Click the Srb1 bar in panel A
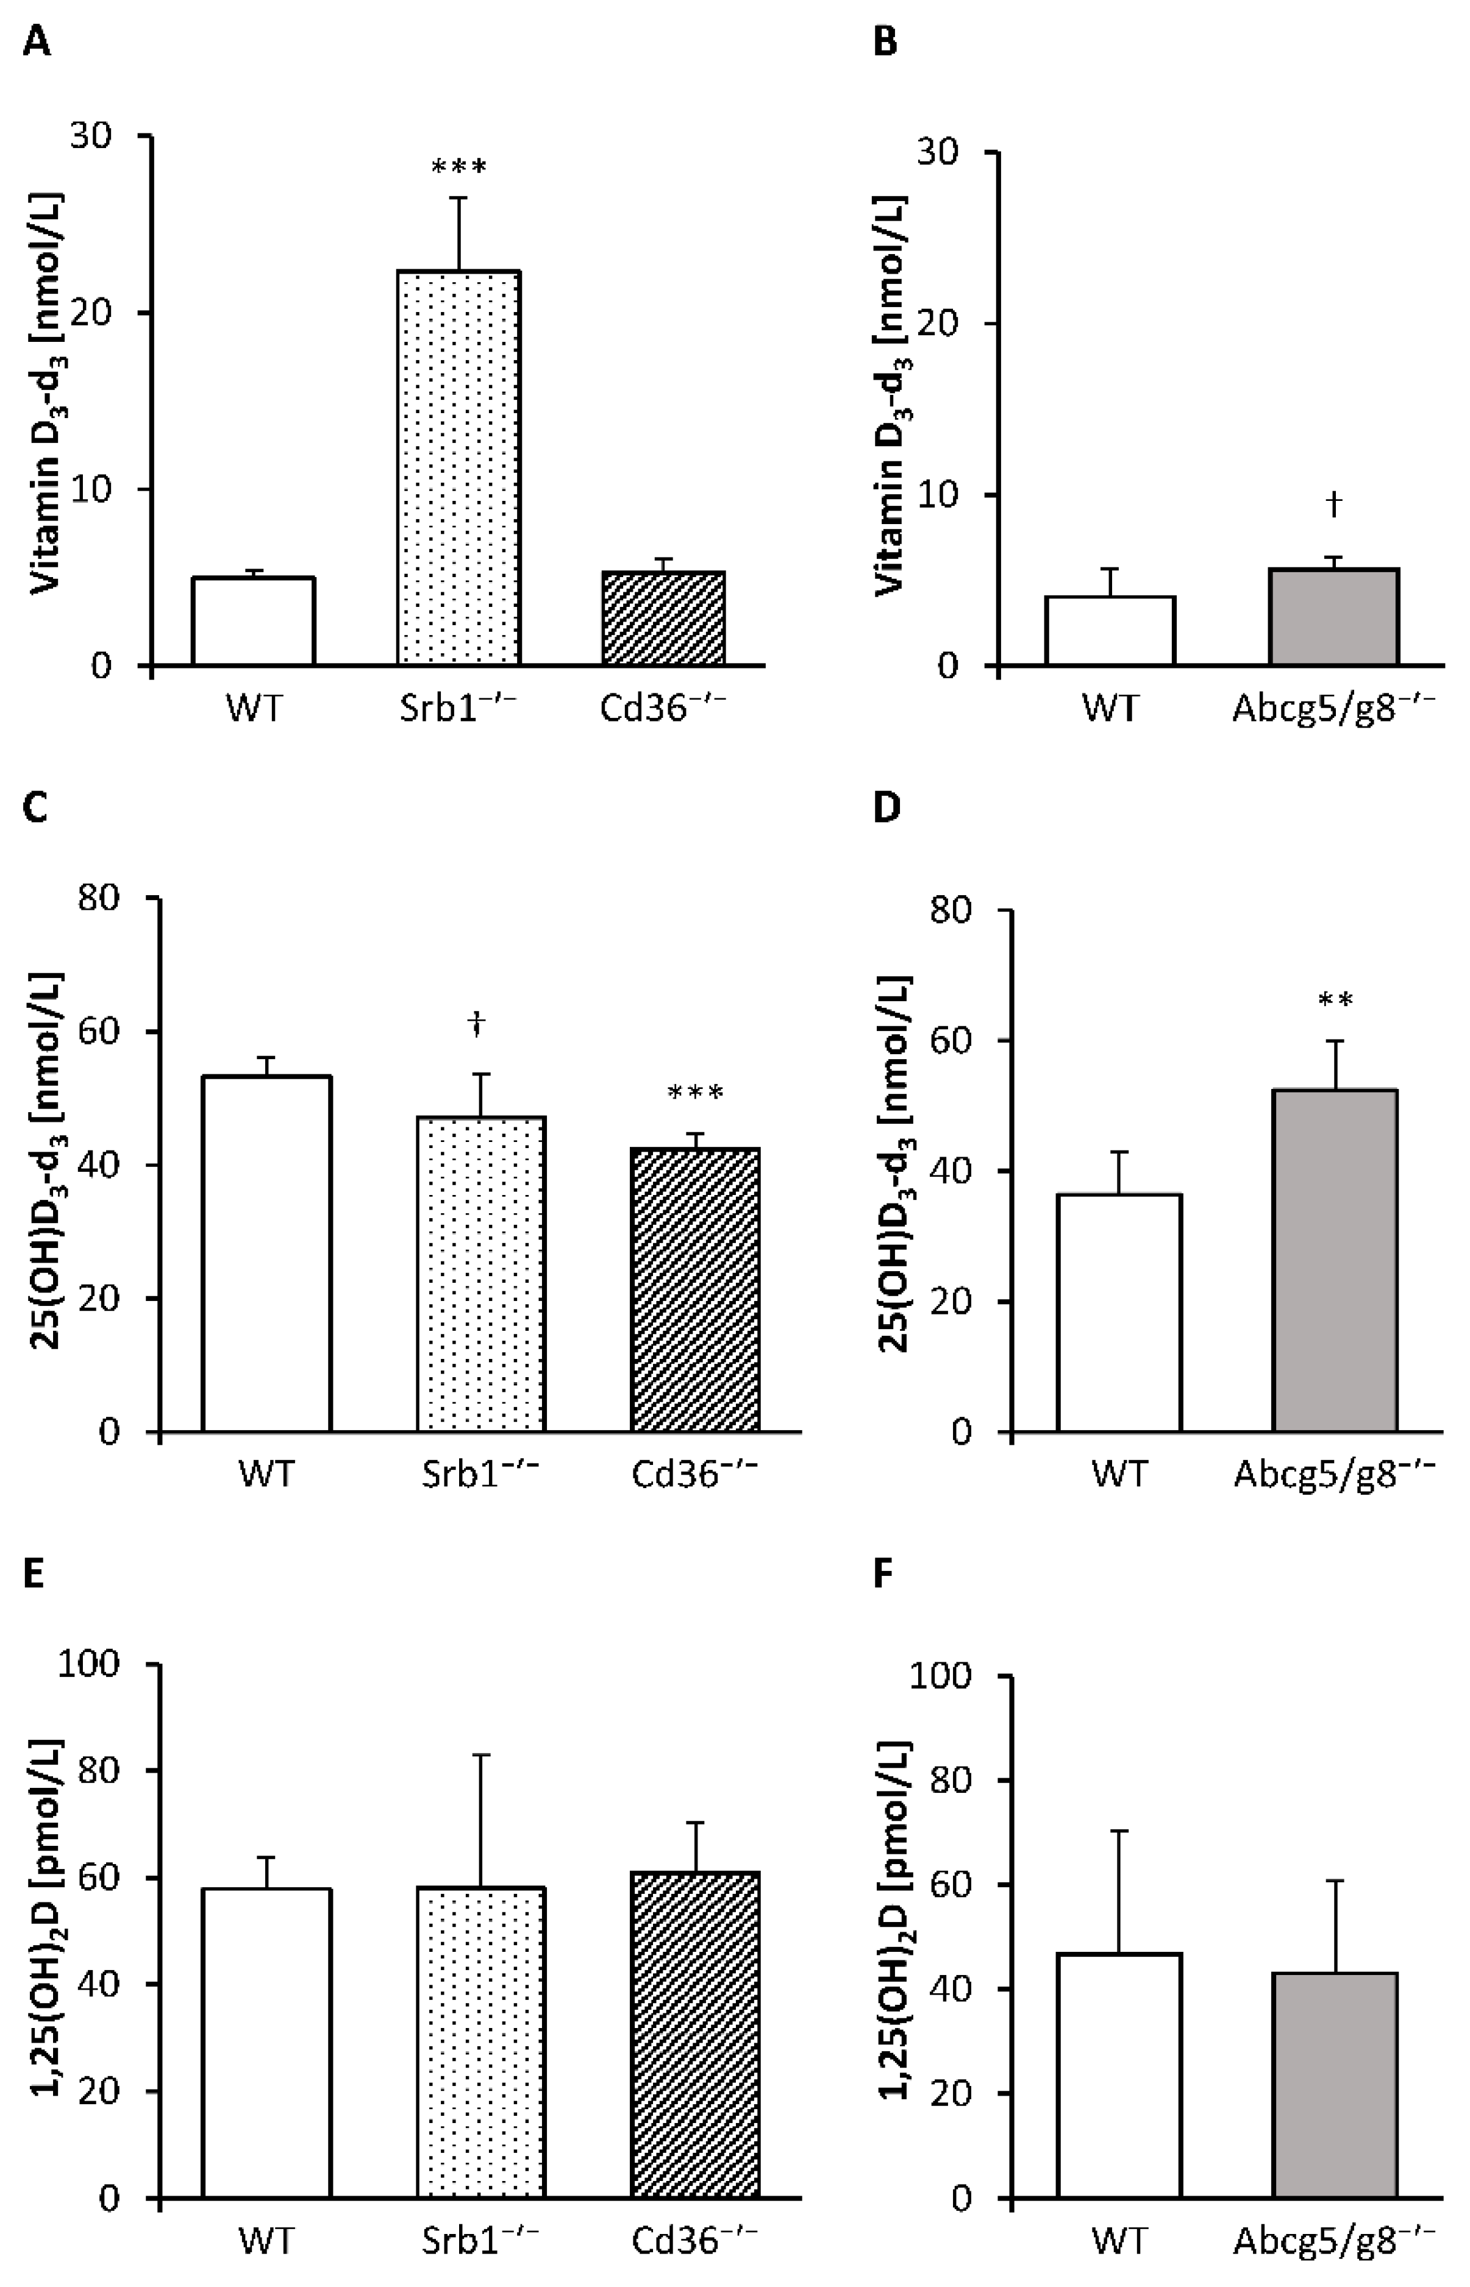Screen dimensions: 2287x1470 (x=458, y=467)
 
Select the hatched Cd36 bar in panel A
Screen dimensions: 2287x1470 (x=663, y=619)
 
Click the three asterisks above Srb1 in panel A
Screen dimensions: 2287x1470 (x=459, y=169)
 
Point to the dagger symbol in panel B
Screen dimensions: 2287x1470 (x=1333, y=504)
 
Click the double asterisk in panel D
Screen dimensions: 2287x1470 (x=1335, y=1001)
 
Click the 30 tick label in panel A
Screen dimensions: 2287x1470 (x=91, y=135)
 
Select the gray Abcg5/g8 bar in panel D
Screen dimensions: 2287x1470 (x=1335, y=1260)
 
